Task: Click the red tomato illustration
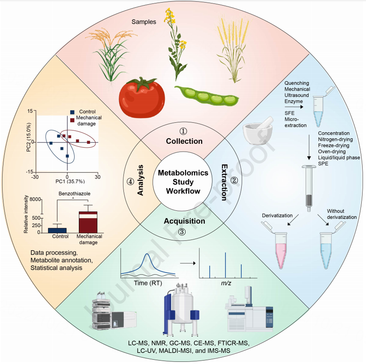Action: [x=142, y=97]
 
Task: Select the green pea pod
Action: [x=207, y=96]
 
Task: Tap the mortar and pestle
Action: [x=258, y=130]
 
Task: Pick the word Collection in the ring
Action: [x=184, y=141]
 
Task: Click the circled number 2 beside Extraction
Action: [x=234, y=180]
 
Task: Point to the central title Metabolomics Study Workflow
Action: [x=183, y=182]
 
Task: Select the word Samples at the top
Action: [x=144, y=22]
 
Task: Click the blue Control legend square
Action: [x=72, y=112]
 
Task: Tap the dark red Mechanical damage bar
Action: [x=88, y=222]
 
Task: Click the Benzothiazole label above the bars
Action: [x=75, y=194]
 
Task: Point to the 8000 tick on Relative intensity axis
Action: [x=35, y=200]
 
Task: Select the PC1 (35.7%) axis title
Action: [x=70, y=182]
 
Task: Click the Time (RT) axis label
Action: [x=148, y=283]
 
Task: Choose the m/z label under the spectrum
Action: [x=226, y=283]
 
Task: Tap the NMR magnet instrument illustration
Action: [x=181, y=309]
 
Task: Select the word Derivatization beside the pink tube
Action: [x=277, y=215]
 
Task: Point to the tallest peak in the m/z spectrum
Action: [x=225, y=265]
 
